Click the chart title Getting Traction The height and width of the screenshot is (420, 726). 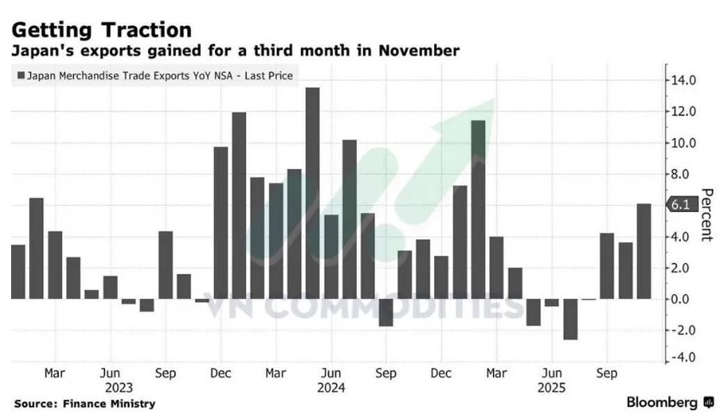click(102, 30)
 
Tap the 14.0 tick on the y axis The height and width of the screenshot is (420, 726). click(683, 80)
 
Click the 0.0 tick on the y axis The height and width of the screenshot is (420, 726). click(683, 299)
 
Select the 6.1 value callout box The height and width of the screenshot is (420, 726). click(680, 204)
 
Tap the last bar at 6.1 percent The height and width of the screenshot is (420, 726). click(644, 251)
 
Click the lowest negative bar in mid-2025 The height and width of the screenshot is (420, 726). click(570, 319)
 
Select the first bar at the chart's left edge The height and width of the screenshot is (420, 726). click(18, 272)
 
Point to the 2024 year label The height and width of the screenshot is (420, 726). click(331, 387)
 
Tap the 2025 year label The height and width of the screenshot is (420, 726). click(551, 387)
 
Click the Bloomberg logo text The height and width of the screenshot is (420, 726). click(662, 403)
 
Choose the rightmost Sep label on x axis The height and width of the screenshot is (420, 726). click(607, 373)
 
